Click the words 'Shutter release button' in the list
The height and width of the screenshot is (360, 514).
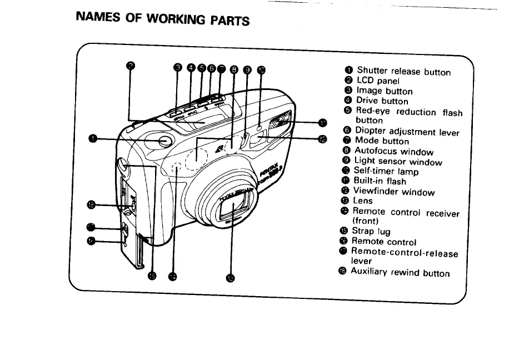pyautogui.click(x=403, y=71)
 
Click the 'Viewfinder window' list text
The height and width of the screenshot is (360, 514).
pyautogui.click(x=395, y=192)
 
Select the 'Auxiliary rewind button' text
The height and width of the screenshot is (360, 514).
pyautogui.click(x=400, y=273)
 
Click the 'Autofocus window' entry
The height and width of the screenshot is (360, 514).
pyautogui.click(x=394, y=151)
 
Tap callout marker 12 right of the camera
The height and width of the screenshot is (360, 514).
pyautogui.click(x=323, y=139)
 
